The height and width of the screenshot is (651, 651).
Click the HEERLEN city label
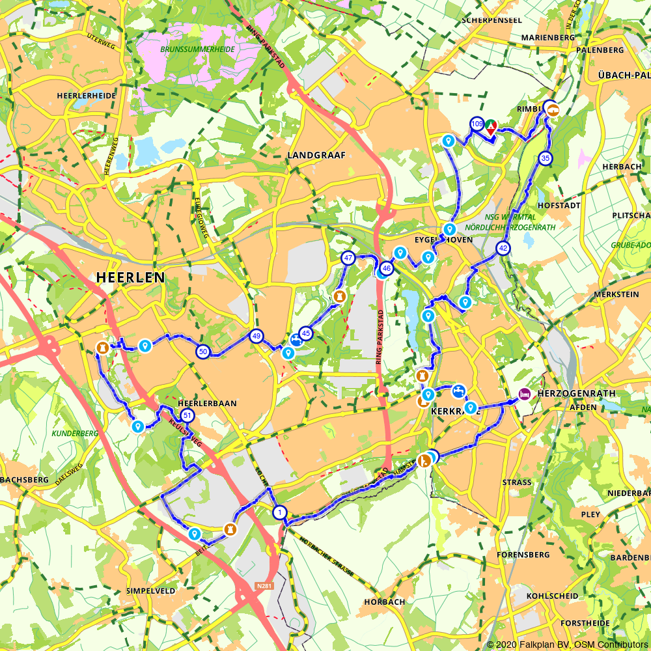pyautogui.click(x=130, y=277)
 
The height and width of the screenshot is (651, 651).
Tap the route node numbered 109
pyautogui.click(x=477, y=124)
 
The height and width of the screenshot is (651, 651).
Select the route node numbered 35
pyautogui.click(x=546, y=158)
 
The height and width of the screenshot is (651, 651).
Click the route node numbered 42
pyautogui.click(x=503, y=248)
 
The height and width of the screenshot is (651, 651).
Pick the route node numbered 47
pyautogui.click(x=348, y=258)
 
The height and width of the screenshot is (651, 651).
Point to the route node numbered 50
pyautogui.click(x=203, y=352)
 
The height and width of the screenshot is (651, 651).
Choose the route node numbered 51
pyautogui.click(x=187, y=415)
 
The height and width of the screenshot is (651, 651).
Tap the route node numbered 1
pyautogui.click(x=280, y=512)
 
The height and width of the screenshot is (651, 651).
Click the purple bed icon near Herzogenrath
pyautogui.click(x=524, y=393)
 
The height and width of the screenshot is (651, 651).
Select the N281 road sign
pyautogui.click(x=264, y=586)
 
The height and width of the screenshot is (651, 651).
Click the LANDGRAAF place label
pyautogui.click(x=316, y=155)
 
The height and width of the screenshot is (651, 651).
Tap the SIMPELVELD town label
pyautogui.click(x=151, y=590)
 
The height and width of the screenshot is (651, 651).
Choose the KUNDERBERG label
pyautogui.click(x=77, y=433)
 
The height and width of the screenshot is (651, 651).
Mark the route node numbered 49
pyautogui.click(x=256, y=337)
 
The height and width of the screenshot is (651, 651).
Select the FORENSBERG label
pyautogui.click(x=524, y=555)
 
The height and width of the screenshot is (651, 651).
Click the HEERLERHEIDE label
pyautogui.click(x=87, y=95)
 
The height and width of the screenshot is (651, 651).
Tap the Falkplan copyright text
pyautogui.click(x=567, y=644)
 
